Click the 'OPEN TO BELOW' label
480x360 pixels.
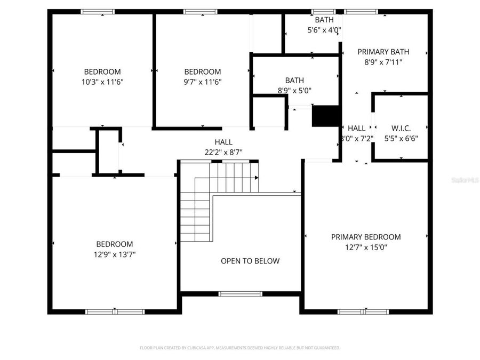[250, 261]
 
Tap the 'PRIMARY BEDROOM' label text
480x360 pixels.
[366, 237]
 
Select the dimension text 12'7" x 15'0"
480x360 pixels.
[366, 247]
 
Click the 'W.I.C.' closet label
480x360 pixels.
[401, 128]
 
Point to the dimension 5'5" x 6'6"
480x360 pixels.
[401, 138]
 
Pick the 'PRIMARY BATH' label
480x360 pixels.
[383, 52]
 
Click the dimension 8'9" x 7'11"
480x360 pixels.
[383, 62]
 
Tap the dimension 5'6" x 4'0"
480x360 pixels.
[324, 30]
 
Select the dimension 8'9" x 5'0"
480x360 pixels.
[294, 91]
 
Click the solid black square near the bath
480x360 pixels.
[326, 116]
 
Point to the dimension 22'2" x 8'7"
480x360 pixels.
[223, 152]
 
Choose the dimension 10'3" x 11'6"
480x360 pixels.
[102, 82]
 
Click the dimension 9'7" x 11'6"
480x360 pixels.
[203, 82]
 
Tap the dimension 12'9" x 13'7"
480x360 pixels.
[115, 254]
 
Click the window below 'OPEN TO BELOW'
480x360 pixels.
[241, 293]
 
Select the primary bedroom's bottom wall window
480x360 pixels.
[363, 311]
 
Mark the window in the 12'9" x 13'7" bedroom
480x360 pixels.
[115, 311]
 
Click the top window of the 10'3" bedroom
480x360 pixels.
[98, 11]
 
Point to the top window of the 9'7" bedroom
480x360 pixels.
[201, 11]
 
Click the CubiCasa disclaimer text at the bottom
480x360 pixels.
[239, 348]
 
